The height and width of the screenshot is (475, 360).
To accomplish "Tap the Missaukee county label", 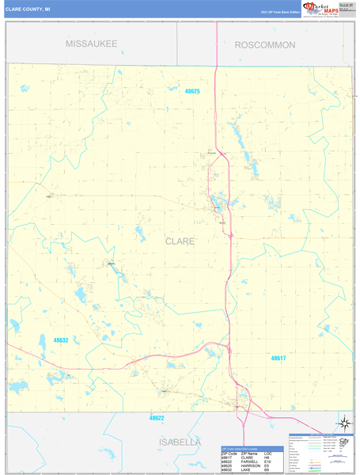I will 92,44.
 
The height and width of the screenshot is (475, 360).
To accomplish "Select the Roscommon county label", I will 264,45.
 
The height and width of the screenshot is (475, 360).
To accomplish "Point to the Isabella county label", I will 168,442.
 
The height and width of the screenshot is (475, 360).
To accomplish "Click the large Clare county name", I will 180,240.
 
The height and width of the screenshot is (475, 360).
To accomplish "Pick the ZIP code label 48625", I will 192,92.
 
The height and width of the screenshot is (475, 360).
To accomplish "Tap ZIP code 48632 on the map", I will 61,340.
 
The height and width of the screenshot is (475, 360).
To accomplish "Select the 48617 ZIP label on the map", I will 279,359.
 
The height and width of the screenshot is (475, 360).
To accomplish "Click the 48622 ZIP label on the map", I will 157,417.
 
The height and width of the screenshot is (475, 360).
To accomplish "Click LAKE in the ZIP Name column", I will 246,469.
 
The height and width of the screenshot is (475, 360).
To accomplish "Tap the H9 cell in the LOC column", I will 269,455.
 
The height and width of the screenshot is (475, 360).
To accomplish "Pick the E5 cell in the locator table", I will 269,465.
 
